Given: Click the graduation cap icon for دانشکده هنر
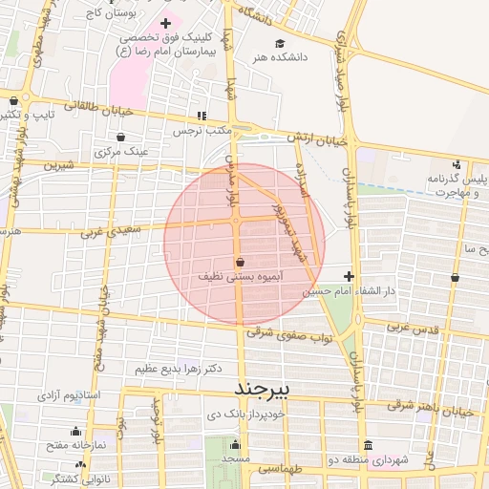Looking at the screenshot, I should (x=280, y=43).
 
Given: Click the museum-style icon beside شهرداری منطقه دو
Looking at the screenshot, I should (x=369, y=446).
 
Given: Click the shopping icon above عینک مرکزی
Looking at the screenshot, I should (x=120, y=137).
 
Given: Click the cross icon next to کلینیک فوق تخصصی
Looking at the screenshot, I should (x=167, y=22).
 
